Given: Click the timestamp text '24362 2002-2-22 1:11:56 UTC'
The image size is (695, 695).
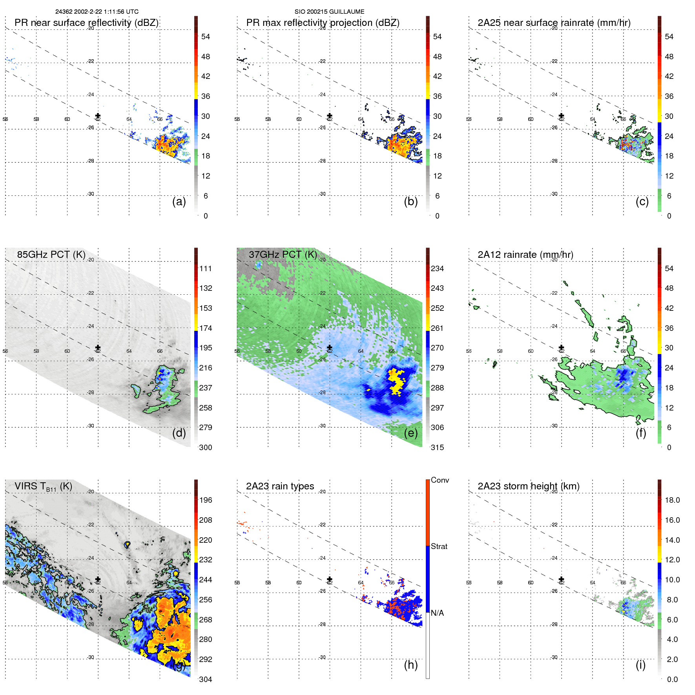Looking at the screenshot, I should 97,12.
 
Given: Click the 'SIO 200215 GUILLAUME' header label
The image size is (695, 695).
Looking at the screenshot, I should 329,12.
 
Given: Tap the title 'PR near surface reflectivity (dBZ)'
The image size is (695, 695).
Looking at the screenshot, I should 86,23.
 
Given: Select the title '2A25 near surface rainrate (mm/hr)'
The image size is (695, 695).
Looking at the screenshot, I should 554,23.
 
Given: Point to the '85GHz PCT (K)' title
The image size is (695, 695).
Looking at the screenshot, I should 51,255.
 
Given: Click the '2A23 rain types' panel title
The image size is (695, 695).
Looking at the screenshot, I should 280,486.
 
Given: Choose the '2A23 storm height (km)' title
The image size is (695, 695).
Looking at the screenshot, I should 528,486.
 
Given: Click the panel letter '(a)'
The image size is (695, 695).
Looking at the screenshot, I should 179,201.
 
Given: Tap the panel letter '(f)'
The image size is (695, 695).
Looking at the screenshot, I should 641,433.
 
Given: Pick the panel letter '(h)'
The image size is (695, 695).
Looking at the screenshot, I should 410,665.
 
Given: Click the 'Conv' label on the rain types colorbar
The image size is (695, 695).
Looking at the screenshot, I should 440,480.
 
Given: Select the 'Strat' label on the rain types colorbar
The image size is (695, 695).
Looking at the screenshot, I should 439,547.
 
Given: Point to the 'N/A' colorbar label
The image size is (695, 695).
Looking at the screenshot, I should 437,613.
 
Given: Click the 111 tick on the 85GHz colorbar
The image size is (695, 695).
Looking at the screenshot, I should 206,269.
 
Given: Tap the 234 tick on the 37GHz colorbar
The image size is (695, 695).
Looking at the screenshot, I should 437,269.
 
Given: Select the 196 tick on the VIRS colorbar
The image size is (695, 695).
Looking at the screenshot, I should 206,500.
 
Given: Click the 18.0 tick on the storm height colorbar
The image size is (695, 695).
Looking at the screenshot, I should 672,500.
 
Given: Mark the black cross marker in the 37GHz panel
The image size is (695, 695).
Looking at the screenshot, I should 330,348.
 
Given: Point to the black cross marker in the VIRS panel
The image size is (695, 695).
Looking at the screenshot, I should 98,579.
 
